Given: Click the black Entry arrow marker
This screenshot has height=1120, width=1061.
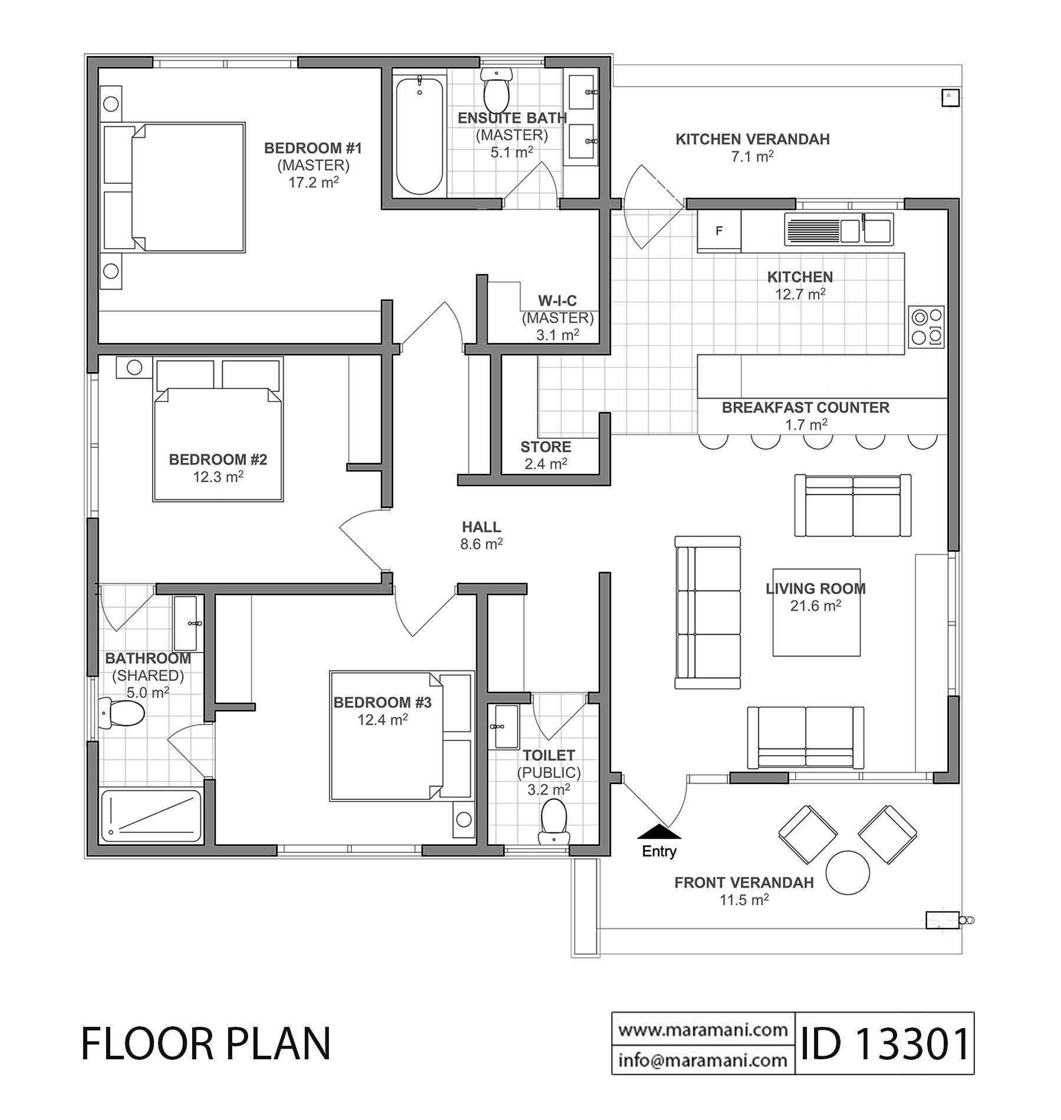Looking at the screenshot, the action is click(659, 831).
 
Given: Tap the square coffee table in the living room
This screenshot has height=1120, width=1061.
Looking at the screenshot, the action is click(816, 612).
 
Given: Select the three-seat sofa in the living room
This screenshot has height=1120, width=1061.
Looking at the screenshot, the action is click(707, 612).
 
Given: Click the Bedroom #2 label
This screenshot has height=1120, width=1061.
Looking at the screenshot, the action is click(218, 459).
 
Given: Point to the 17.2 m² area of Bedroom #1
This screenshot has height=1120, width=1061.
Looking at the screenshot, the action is click(313, 182).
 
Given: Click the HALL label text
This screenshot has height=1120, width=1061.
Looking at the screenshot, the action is click(482, 527).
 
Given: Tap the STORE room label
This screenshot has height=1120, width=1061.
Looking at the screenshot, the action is click(546, 446).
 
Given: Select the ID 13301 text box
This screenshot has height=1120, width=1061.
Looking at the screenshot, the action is click(884, 1043).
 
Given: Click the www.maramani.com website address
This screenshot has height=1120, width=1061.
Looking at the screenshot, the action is click(703, 1029).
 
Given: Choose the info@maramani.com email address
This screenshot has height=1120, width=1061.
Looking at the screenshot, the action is click(703, 1060).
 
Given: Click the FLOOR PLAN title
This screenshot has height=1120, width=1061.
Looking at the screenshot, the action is click(206, 1043).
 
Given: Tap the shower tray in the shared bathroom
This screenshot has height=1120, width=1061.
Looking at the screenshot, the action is click(151, 816).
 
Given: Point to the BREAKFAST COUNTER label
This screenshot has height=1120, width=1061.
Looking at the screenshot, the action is click(806, 407).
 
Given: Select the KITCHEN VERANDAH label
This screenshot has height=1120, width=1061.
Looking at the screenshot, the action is click(753, 139).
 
